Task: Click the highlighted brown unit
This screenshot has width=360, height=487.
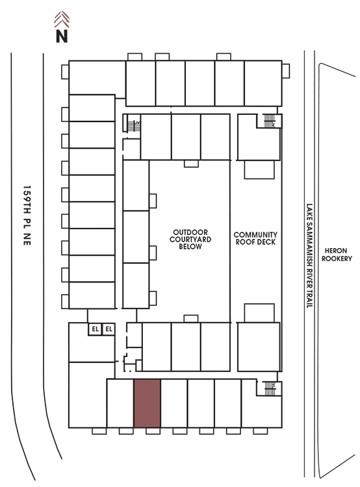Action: pos(147,403)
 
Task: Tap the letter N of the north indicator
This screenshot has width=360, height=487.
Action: pos(62,36)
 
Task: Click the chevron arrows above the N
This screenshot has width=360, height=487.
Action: pos(62,19)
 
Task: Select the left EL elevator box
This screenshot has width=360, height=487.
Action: pos(95,329)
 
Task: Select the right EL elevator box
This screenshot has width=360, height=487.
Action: pos(109,329)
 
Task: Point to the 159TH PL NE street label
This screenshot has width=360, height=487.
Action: pos(27,216)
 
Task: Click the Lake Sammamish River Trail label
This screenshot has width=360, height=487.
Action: pos(309,256)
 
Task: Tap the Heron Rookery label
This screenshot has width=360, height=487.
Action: pos(337,255)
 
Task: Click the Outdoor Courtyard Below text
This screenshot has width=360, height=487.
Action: pos(190,240)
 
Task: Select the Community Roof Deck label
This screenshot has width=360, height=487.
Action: pos(255,238)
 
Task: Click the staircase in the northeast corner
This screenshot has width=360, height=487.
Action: pos(270,121)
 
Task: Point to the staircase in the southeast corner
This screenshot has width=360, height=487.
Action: pos(270,388)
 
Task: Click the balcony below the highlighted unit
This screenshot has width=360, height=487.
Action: pos(153,431)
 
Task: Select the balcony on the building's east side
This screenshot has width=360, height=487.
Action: pos(286,71)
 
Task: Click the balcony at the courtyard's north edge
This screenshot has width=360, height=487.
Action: pos(191,164)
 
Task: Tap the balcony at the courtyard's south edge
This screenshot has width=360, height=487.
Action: pos(191,319)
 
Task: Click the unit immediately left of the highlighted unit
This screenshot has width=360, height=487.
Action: pos(120,403)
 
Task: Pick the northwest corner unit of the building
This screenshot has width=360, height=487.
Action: pos(97,78)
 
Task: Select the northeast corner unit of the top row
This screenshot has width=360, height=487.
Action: pos(263,83)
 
